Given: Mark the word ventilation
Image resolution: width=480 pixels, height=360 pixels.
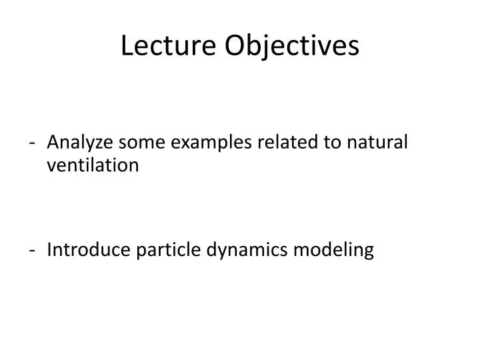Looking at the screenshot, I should click(93, 165).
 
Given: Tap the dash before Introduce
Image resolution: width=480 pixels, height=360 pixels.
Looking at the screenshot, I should click(33, 251).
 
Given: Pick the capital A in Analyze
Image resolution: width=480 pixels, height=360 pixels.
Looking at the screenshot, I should click(53, 142).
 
